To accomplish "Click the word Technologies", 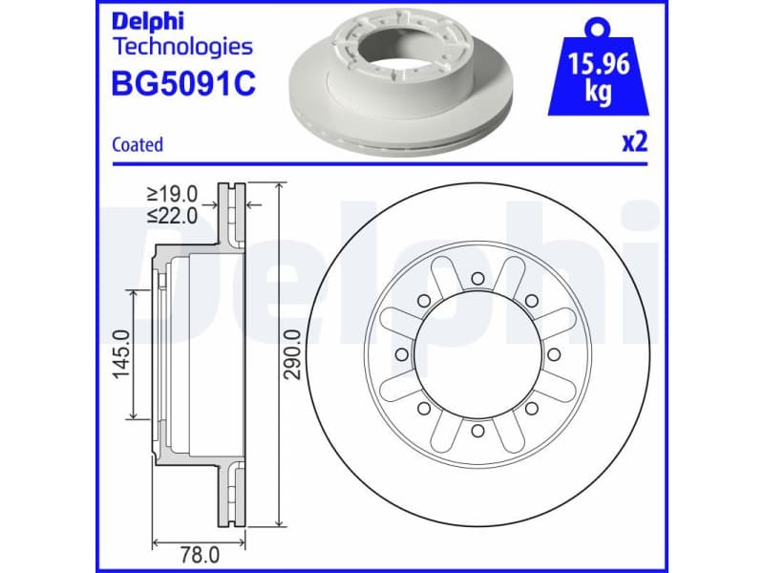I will click(182, 46).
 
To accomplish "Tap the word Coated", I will click(138, 145).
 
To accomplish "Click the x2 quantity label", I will click(635, 143).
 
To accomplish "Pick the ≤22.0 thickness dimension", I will click(173, 216).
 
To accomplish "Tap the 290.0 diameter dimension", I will click(293, 354).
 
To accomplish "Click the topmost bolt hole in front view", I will click(476, 278).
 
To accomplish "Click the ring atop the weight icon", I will click(599, 23).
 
